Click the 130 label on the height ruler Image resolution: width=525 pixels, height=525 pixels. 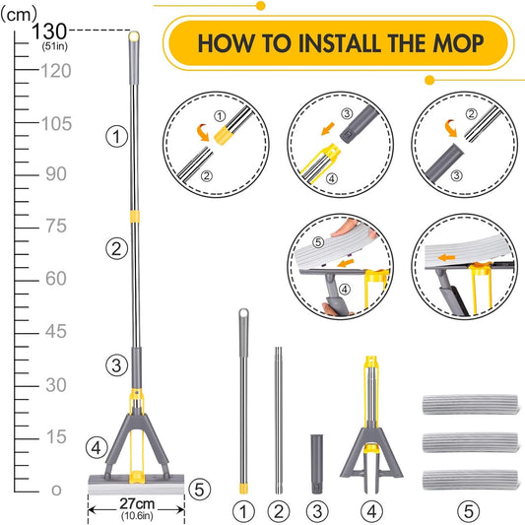tap(49, 32)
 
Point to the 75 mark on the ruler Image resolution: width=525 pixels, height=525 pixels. tap(56, 226)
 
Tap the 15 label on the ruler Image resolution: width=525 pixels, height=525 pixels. tap(56, 437)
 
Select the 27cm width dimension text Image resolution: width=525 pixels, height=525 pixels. tap(137, 503)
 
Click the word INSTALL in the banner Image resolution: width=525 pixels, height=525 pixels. tap(340, 43)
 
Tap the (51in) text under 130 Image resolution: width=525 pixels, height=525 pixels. tap(55, 46)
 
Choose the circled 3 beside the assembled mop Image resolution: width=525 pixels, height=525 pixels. tap(116, 365)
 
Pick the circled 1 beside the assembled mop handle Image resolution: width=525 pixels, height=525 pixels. tap(116, 137)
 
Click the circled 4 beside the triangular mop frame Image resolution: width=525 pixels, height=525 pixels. tap(97, 447)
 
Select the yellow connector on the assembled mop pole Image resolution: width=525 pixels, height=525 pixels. tap(135, 217)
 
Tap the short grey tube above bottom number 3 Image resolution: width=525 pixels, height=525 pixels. tap(317, 464)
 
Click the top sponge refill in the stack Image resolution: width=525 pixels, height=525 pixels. tap(471, 405)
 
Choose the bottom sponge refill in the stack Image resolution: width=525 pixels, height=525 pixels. tap(471, 480)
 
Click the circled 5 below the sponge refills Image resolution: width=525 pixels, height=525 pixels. tap(469, 511)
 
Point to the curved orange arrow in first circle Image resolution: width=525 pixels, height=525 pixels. tap(203, 132)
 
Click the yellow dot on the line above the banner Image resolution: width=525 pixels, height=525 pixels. tap(261, 6)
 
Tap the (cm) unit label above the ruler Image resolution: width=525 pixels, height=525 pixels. tap(19, 15)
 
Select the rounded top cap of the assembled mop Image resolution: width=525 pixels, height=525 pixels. tap(134, 35)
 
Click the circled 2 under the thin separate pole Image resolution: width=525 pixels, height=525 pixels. tap(279, 511)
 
